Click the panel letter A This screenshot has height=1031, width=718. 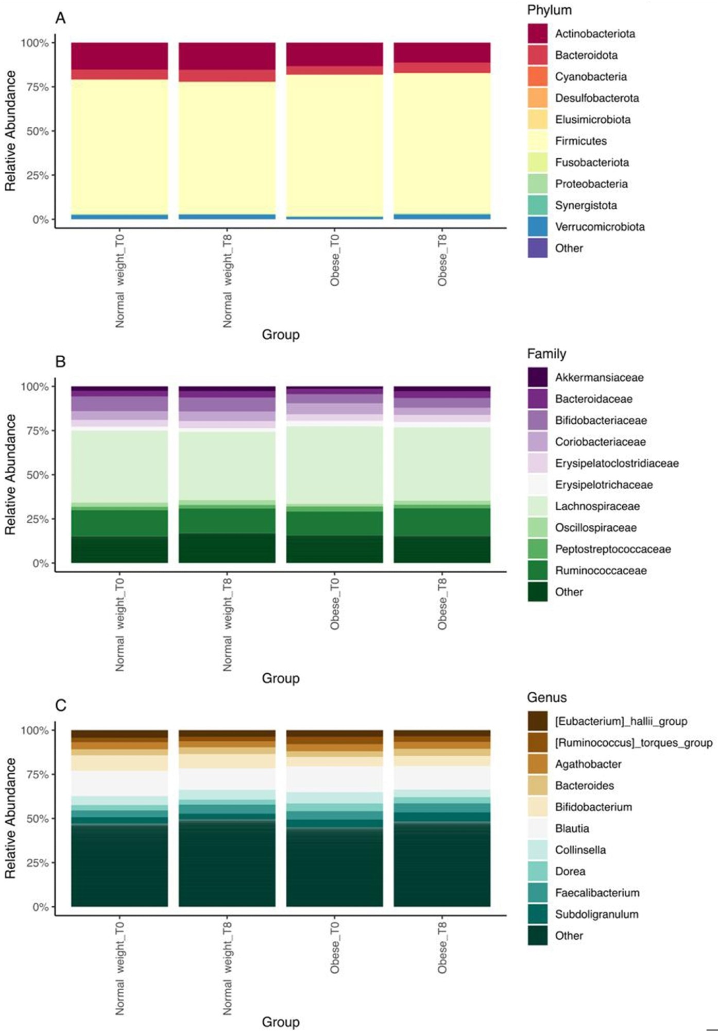[x=61, y=19]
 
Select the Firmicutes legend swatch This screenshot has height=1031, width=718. [x=537, y=141]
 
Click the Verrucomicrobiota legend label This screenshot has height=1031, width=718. [x=600, y=227]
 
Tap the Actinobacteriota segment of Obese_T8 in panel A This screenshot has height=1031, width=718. [x=442, y=53]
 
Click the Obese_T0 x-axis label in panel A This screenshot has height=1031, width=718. [x=335, y=260]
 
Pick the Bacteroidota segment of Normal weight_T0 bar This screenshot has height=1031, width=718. [x=119, y=74]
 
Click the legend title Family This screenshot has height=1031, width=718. [x=546, y=354]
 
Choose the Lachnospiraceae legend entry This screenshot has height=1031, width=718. [x=597, y=506]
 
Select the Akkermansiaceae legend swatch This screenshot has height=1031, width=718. [x=537, y=377]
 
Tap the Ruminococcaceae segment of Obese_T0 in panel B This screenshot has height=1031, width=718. [x=335, y=523]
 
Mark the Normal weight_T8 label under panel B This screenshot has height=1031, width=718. [x=227, y=625]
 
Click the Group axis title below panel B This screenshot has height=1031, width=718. [x=281, y=678]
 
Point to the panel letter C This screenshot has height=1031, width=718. [x=61, y=705]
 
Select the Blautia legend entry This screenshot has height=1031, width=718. [x=572, y=828]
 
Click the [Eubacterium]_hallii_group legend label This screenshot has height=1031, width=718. [x=621, y=721]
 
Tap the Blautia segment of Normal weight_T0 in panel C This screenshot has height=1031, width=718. [x=119, y=783]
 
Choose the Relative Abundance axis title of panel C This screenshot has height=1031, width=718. [x=10, y=818]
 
